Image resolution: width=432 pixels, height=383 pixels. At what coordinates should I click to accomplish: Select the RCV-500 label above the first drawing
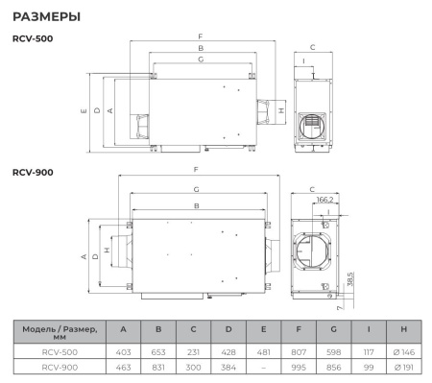[x=33, y=38]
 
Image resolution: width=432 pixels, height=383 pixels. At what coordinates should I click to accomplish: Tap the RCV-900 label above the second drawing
[x=33, y=172]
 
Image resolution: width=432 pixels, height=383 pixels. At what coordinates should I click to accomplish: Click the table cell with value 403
[x=122, y=351]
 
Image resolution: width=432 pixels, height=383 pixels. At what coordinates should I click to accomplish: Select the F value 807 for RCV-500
[x=298, y=351]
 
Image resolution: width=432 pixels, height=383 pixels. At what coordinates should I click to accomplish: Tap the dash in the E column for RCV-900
[x=262, y=367]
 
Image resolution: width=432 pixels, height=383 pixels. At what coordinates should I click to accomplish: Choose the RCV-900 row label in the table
[x=59, y=367]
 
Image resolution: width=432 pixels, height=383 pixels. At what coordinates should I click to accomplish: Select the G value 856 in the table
[x=332, y=367]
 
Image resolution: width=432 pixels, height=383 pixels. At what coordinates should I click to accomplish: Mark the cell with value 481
[x=262, y=351]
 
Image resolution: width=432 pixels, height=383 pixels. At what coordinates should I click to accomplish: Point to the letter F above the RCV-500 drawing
[x=201, y=36]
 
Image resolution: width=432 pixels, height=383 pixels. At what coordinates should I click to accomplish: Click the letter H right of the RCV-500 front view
[x=280, y=110]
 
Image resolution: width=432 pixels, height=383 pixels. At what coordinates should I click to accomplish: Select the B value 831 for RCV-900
[x=157, y=367]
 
